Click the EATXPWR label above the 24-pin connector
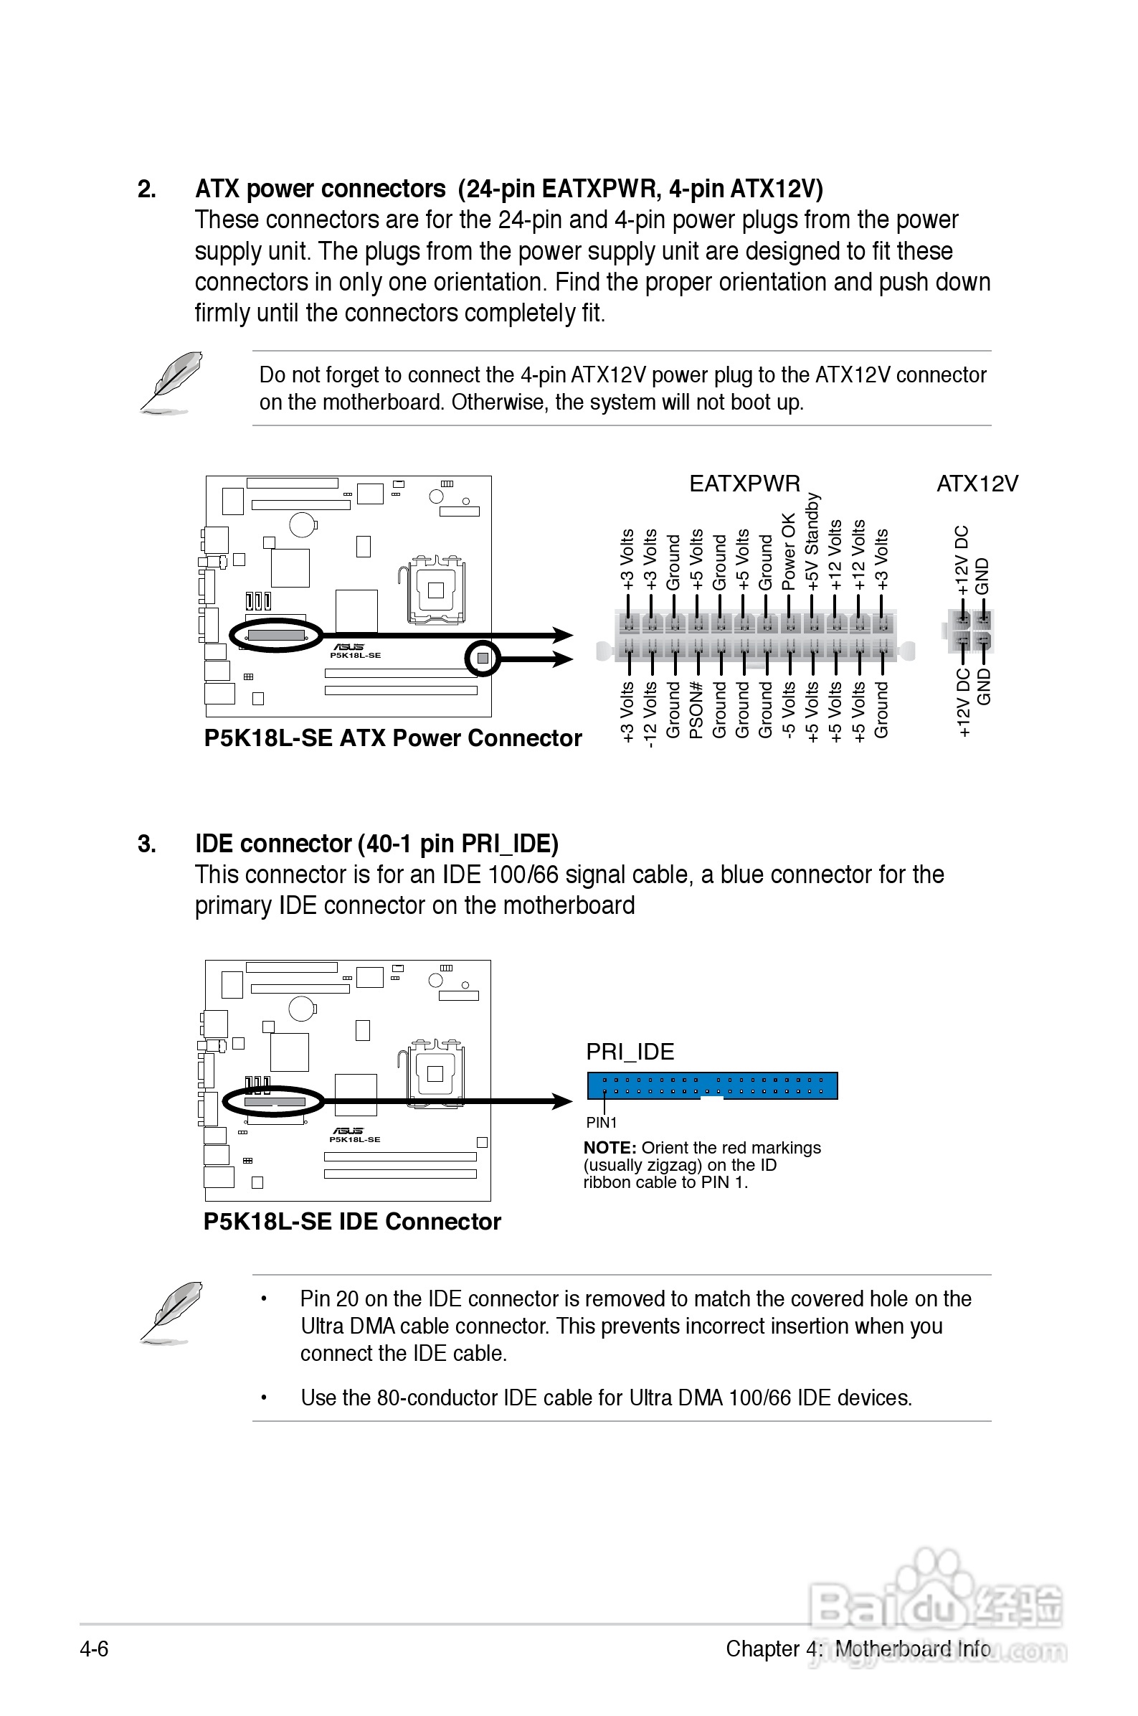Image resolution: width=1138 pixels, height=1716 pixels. click(744, 484)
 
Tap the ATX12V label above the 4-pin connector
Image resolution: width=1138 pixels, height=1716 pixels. click(977, 484)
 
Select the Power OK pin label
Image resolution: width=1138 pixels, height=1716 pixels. click(789, 551)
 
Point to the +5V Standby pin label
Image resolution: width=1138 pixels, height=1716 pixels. click(812, 542)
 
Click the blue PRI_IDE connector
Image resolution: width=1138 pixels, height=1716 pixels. click(712, 1085)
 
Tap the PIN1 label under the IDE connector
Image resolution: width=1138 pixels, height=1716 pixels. click(601, 1122)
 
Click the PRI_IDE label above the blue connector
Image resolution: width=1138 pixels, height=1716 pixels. click(630, 1052)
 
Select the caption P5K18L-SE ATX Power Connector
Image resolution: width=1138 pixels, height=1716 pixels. click(393, 738)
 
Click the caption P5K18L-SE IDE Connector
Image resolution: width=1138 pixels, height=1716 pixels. click(352, 1222)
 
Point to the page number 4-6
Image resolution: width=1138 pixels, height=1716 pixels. click(95, 1649)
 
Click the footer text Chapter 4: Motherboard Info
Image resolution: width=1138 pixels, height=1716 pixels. click(857, 1649)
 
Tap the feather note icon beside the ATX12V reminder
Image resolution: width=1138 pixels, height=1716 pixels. click(171, 382)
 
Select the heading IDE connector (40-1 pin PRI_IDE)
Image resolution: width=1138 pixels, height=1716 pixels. click(376, 844)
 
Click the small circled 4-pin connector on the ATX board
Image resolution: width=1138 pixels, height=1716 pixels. click(483, 659)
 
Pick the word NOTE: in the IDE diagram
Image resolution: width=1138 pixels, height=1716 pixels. click(610, 1148)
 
